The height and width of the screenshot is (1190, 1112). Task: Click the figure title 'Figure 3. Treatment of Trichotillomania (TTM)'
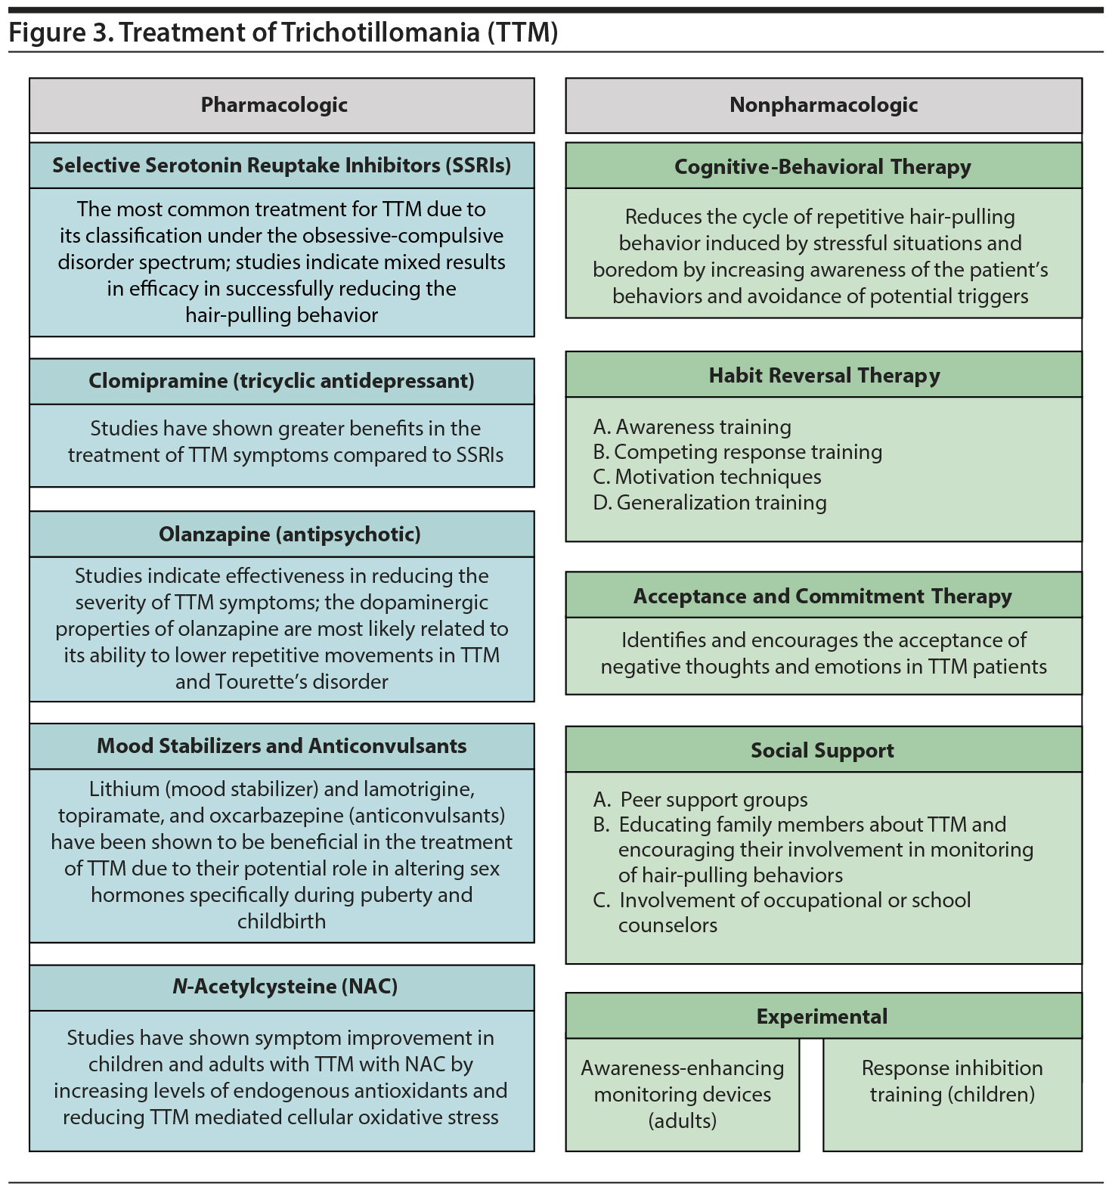tap(283, 33)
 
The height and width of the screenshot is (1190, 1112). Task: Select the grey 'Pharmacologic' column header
tap(274, 105)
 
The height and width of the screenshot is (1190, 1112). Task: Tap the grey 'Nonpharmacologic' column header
tap(823, 105)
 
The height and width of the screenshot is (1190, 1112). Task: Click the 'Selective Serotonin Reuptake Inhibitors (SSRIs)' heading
tap(281, 166)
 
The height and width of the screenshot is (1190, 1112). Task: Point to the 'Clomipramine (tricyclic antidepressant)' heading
tap(281, 381)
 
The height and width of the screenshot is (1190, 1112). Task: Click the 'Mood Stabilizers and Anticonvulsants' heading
tap(281, 746)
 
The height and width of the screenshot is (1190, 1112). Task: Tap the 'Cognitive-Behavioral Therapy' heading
tap(822, 166)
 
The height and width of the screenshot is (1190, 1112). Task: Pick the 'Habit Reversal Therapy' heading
tap(824, 376)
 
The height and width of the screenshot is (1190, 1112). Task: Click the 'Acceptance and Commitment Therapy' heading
tap(822, 597)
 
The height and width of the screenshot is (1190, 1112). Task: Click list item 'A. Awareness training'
tap(692, 427)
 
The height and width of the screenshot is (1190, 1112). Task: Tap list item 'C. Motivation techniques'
tap(708, 477)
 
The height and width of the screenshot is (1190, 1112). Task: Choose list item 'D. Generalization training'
tap(710, 503)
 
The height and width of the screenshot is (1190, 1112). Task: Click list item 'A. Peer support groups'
tap(701, 800)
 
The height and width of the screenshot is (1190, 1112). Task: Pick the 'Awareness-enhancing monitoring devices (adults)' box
tap(682, 1094)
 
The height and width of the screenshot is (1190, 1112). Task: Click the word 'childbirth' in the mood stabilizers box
tap(281, 922)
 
